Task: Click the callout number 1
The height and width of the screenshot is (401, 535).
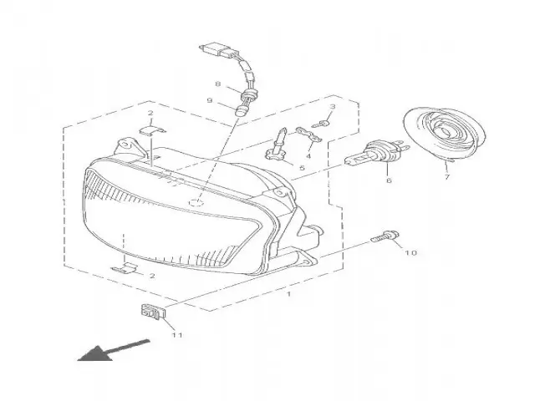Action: click(288, 295)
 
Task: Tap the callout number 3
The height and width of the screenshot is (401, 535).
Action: click(332, 107)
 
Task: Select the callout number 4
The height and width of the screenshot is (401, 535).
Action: click(308, 155)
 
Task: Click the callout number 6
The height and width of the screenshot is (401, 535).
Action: click(388, 180)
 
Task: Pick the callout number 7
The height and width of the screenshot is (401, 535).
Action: click(446, 177)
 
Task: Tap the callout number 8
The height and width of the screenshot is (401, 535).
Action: click(217, 84)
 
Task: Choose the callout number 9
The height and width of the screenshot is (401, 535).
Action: click(211, 101)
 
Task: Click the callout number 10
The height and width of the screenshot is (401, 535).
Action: click(410, 251)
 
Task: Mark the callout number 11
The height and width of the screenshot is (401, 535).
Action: click(176, 336)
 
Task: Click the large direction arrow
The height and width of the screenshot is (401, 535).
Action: click(112, 349)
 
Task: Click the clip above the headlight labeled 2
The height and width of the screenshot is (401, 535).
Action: click(149, 129)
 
